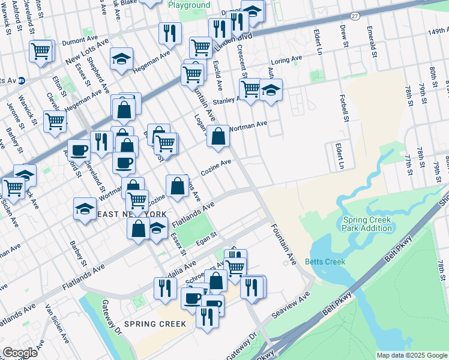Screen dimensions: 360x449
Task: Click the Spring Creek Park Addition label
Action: tap(367, 224)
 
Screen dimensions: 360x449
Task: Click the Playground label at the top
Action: tap(189, 5)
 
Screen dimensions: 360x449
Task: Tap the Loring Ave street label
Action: tap(286, 61)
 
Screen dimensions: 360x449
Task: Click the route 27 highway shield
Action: tap(355, 16)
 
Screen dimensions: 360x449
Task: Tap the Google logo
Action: tap(20, 353)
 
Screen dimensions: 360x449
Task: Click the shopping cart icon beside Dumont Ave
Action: tap(40, 52)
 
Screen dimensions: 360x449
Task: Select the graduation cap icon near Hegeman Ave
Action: tap(121, 59)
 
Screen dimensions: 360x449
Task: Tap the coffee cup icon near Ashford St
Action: tap(78, 149)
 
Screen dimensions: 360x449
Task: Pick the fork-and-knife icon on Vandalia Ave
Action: tap(163, 289)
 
